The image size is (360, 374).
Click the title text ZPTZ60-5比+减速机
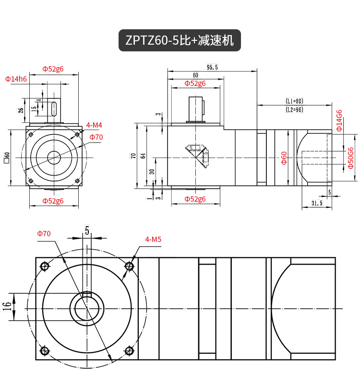pyautogui.click(x=180, y=40)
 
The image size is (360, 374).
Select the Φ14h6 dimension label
pyautogui.click(x=16, y=79)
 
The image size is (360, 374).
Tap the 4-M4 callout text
pyautogui.click(x=94, y=125)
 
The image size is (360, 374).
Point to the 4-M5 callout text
pyautogui.click(x=154, y=240)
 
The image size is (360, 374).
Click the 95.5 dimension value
pyautogui.click(x=212, y=68)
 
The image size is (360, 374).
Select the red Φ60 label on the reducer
pyautogui.click(x=284, y=158)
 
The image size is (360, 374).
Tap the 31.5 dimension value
pyautogui.click(x=317, y=204)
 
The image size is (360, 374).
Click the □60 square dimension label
pyautogui.click(x=7, y=157)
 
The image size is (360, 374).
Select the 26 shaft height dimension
pyautogui.click(x=21, y=109)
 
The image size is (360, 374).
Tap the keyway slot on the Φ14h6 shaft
pyautogui.click(x=54, y=109)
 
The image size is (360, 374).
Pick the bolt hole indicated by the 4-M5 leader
pyautogui.click(x=129, y=266)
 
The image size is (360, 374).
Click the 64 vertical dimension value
pyautogui.click(x=143, y=156)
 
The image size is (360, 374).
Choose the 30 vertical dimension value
pyautogui.click(x=152, y=171)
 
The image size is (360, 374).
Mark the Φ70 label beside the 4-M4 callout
pyautogui.click(x=96, y=137)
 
